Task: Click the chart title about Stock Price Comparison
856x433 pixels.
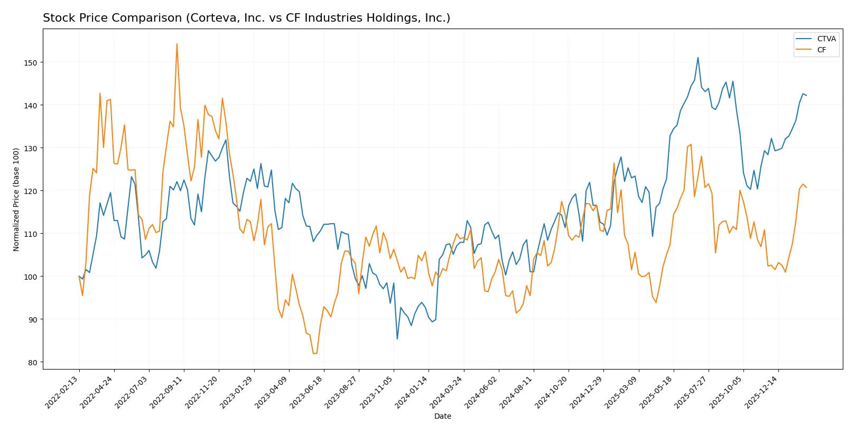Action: pos(246,18)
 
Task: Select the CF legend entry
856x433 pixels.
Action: pos(821,50)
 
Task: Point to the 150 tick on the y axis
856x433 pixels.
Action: pos(31,62)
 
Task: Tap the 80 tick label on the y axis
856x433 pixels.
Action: pos(33,363)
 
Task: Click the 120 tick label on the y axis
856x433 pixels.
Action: pos(31,191)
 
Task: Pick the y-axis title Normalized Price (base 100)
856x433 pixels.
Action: pos(16,199)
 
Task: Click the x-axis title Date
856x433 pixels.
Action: pos(442,416)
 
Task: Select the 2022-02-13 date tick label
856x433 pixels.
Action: pos(63,392)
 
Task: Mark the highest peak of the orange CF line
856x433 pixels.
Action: pos(177,44)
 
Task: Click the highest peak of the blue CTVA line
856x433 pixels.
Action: pos(698,58)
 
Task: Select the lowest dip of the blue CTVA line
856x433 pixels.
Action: pos(397,339)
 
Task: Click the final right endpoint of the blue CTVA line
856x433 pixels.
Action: pos(806,96)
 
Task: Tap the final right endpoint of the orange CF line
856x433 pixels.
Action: pos(806,188)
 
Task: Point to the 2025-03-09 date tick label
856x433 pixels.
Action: pos(622,392)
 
